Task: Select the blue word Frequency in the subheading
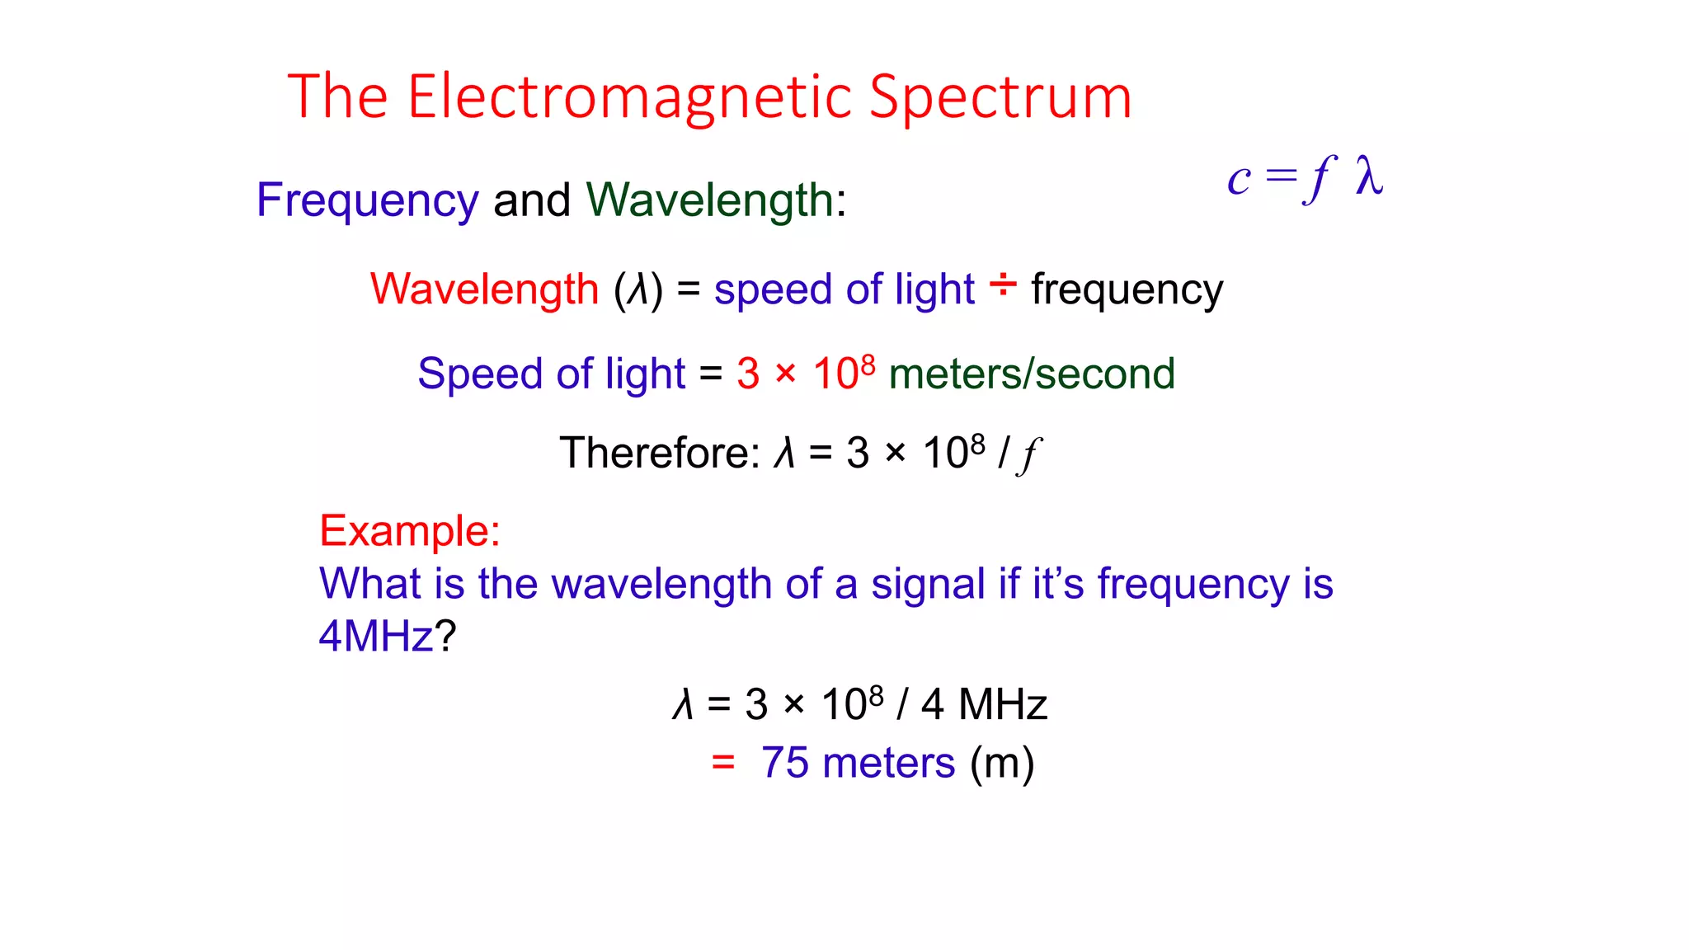pyautogui.click(x=367, y=200)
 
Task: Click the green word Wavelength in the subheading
pyautogui.click(x=710, y=200)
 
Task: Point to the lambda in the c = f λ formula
pyautogui.click(x=1369, y=177)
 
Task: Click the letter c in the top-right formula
pyautogui.click(x=1239, y=180)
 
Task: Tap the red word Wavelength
pyautogui.click(x=484, y=289)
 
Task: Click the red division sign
pyautogui.click(x=1003, y=285)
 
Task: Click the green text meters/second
pyautogui.click(x=1032, y=374)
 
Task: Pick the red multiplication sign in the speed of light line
pyautogui.click(x=786, y=374)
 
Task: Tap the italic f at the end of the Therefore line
pyautogui.click(x=1030, y=454)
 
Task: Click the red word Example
pyautogui.click(x=409, y=530)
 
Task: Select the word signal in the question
pyautogui.click(x=927, y=584)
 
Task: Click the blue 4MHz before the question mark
pyautogui.click(x=376, y=636)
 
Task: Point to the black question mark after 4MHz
pyautogui.click(x=445, y=636)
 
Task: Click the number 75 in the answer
pyautogui.click(x=784, y=763)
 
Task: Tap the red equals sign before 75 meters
pyautogui.click(x=723, y=763)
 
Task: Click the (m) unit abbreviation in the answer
pyautogui.click(x=1002, y=763)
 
